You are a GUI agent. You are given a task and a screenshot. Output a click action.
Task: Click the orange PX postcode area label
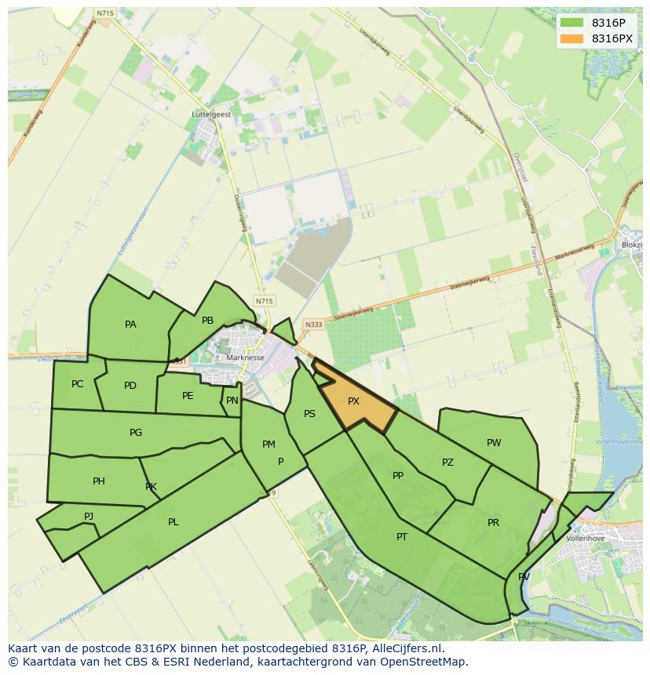pyautogui.click(x=353, y=401)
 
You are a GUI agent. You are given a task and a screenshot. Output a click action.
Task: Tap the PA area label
pyautogui.click(x=130, y=325)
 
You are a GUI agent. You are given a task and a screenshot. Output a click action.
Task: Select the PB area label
pyautogui.click(x=207, y=321)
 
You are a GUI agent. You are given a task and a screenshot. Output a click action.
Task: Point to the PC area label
pyautogui.click(x=77, y=384)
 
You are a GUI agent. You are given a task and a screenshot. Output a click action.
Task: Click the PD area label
pyautogui.click(x=130, y=386)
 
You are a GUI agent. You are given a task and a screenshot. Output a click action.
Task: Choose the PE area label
pyautogui.click(x=188, y=396)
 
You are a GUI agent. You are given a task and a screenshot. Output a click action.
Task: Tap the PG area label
pyautogui.click(x=136, y=433)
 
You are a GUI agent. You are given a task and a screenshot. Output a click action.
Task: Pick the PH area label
pyautogui.click(x=98, y=481)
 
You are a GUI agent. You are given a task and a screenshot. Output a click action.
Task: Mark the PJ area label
pyautogui.click(x=89, y=516)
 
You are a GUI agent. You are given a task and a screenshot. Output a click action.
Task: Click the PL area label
pyautogui.click(x=173, y=522)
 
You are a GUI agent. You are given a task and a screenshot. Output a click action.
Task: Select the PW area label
pyautogui.click(x=494, y=443)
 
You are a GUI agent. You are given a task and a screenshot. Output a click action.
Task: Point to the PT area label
pyautogui.click(x=402, y=537)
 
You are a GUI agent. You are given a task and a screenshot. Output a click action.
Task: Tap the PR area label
pyautogui.click(x=493, y=523)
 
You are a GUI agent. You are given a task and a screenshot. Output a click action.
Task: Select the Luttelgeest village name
pyautogui.click(x=211, y=114)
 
